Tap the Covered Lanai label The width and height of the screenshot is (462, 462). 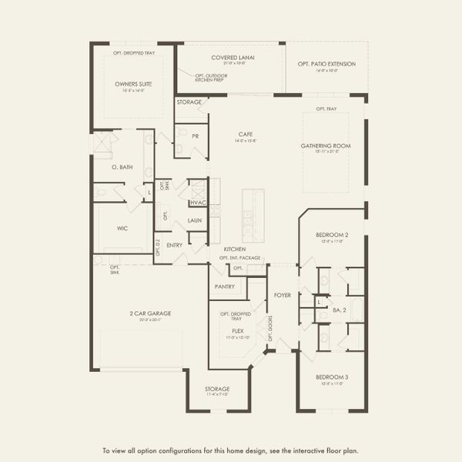pyautogui.click(x=233, y=58)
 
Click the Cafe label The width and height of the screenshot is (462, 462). pyautogui.click(x=245, y=134)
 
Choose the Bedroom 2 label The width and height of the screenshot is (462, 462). pyautogui.click(x=333, y=234)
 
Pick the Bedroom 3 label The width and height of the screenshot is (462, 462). pyautogui.click(x=332, y=377)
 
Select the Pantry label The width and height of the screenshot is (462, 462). pyautogui.click(x=225, y=286)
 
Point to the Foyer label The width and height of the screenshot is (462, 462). pyautogui.click(x=283, y=295)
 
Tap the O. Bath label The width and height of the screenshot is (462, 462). pyautogui.click(x=121, y=166)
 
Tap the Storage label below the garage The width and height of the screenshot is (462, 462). pyautogui.click(x=217, y=389)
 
